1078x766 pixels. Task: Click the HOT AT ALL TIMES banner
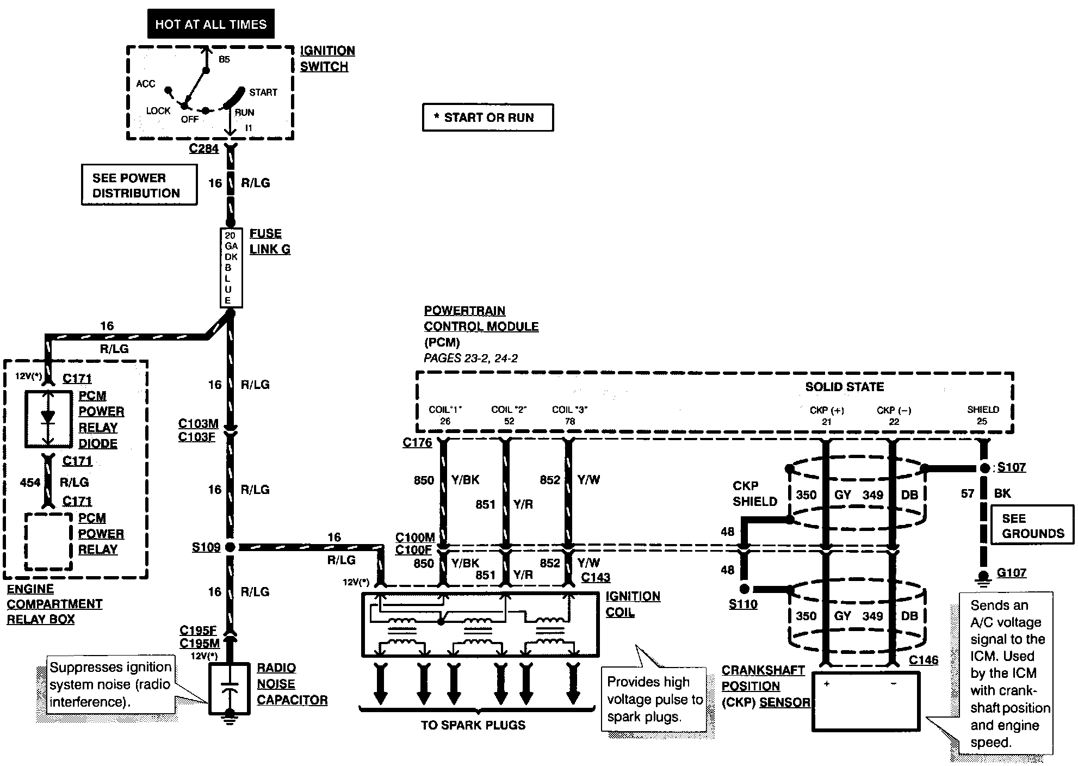(x=211, y=24)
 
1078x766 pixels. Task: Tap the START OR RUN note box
(x=488, y=118)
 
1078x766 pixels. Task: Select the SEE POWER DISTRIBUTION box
(x=139, y=185)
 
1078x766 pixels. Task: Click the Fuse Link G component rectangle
(x=231, y=268)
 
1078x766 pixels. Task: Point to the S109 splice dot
(x=230, y=547)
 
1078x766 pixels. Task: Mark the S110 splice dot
(x=745, y=589)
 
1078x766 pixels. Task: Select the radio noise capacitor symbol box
(x=230, y=689)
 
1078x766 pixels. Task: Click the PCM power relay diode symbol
(x=48, y=418)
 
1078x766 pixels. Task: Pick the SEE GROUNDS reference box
(x=1032, y=525)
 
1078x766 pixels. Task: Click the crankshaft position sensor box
(x=866, y=701)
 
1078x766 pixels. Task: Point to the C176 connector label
(x=417, y=442)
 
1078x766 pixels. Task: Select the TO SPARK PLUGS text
(x=473, y=725)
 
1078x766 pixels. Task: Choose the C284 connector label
(x=204, y=149)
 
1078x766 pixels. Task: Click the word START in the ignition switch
(x=263, y=92)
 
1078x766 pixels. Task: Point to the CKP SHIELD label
(x=755, y=493)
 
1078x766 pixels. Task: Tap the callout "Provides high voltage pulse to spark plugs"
(x=655, y=699)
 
